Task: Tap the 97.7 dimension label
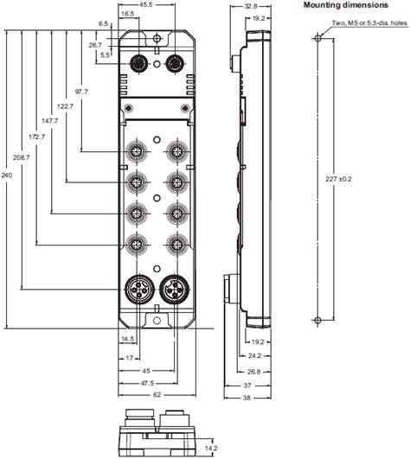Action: pyautogui.click(x=82, y=91)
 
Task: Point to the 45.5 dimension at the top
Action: pyautogui.click(x=146, y=5)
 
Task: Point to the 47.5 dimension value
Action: pyautogui.click(x=152, y=381)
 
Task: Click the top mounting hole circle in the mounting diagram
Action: pyautogui.click(x=317, y=39)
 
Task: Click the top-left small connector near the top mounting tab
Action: pyautogui.click(x=137, y=62)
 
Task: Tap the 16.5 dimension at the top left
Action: pyautogui.click(x=127, y=15)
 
